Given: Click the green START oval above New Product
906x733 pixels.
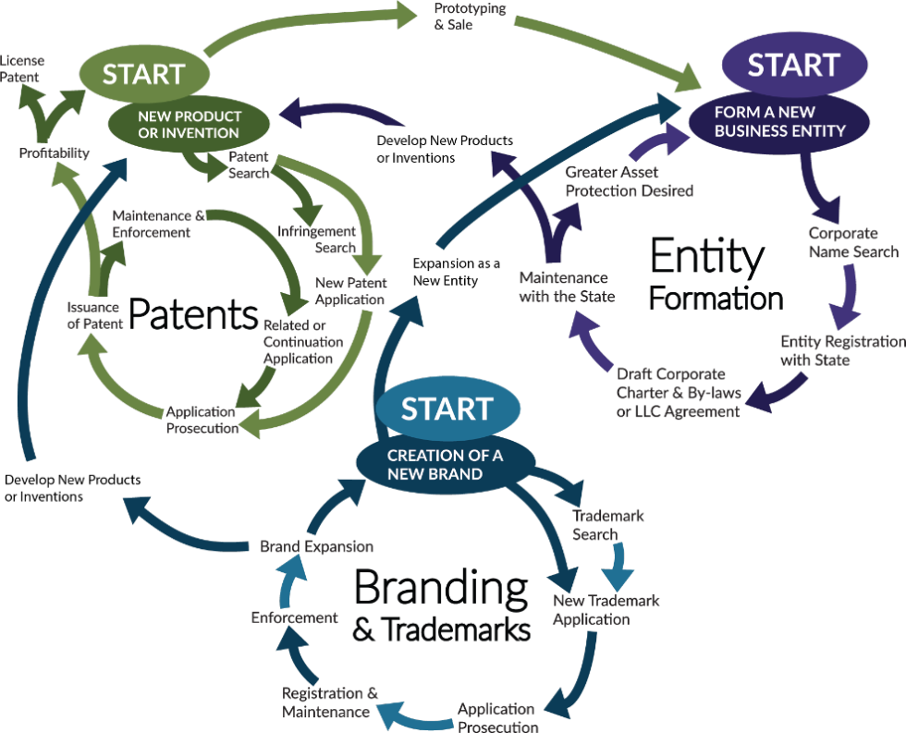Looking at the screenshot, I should [142, 75].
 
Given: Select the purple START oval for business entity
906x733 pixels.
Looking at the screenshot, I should [793, 67].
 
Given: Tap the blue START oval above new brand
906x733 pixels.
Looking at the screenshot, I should [447, 409].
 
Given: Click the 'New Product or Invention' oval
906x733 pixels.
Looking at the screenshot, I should [190, 125].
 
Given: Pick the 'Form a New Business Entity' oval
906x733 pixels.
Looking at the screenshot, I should [779, 122].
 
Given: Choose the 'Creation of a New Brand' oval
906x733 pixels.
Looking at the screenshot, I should [446, 464].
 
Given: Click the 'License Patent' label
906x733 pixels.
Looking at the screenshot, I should [20, 69].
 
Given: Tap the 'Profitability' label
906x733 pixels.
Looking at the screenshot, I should [55, 153].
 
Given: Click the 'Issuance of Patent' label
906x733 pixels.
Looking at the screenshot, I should [94, 315].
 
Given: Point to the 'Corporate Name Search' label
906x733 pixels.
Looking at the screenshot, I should [852, 242].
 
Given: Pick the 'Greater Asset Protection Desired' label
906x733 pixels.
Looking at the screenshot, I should [629, 181].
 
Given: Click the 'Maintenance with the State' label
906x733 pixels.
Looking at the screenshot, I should [563, 287].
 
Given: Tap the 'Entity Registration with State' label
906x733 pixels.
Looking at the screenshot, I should [841, 350].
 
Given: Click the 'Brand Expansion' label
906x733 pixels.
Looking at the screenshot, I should [316, 547].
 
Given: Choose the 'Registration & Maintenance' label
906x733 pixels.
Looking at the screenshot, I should [329, 702].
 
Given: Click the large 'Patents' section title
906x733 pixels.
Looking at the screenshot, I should [193, 316].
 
